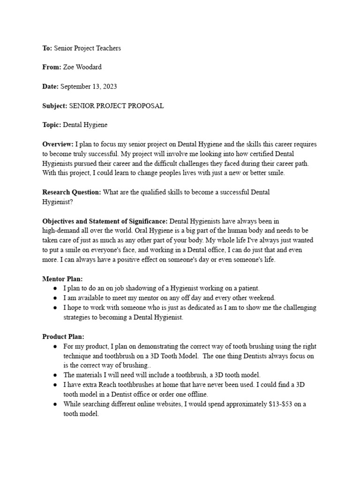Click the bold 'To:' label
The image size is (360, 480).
(x=47, y=48)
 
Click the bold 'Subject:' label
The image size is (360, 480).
(x=55, y=106)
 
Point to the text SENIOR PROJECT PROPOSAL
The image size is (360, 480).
(x=116, y=106)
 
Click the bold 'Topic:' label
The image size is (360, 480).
(x=52, y=125)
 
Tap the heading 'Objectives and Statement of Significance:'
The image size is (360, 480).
(x=105, y=221)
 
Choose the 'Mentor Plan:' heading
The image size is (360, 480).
(x=62, y=278)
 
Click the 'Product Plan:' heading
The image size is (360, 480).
(x=63, y=337)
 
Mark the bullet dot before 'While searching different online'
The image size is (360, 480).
(x=55, y=404)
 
